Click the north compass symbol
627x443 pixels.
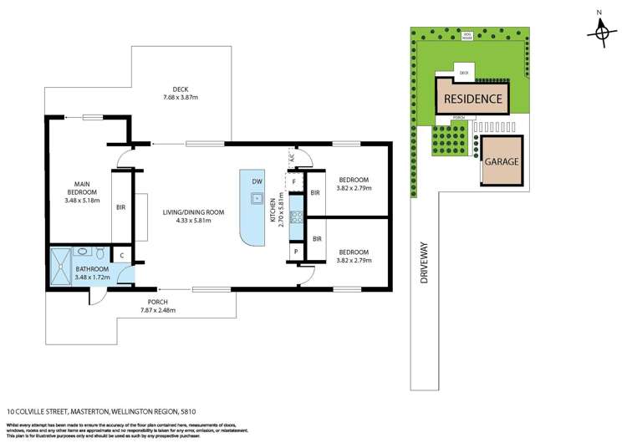click(x=599, y=32)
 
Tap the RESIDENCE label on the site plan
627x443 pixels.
click(x=473, y=99)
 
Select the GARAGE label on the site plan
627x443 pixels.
click(x=502, y=160)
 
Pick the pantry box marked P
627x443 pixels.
click(x=295, y=252)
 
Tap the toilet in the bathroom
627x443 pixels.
click(x=99, y=253)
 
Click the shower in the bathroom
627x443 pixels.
click(x=61, y=267)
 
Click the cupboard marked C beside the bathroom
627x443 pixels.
click(x=122, y=256)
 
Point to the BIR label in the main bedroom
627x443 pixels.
click(x=120, y=209)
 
